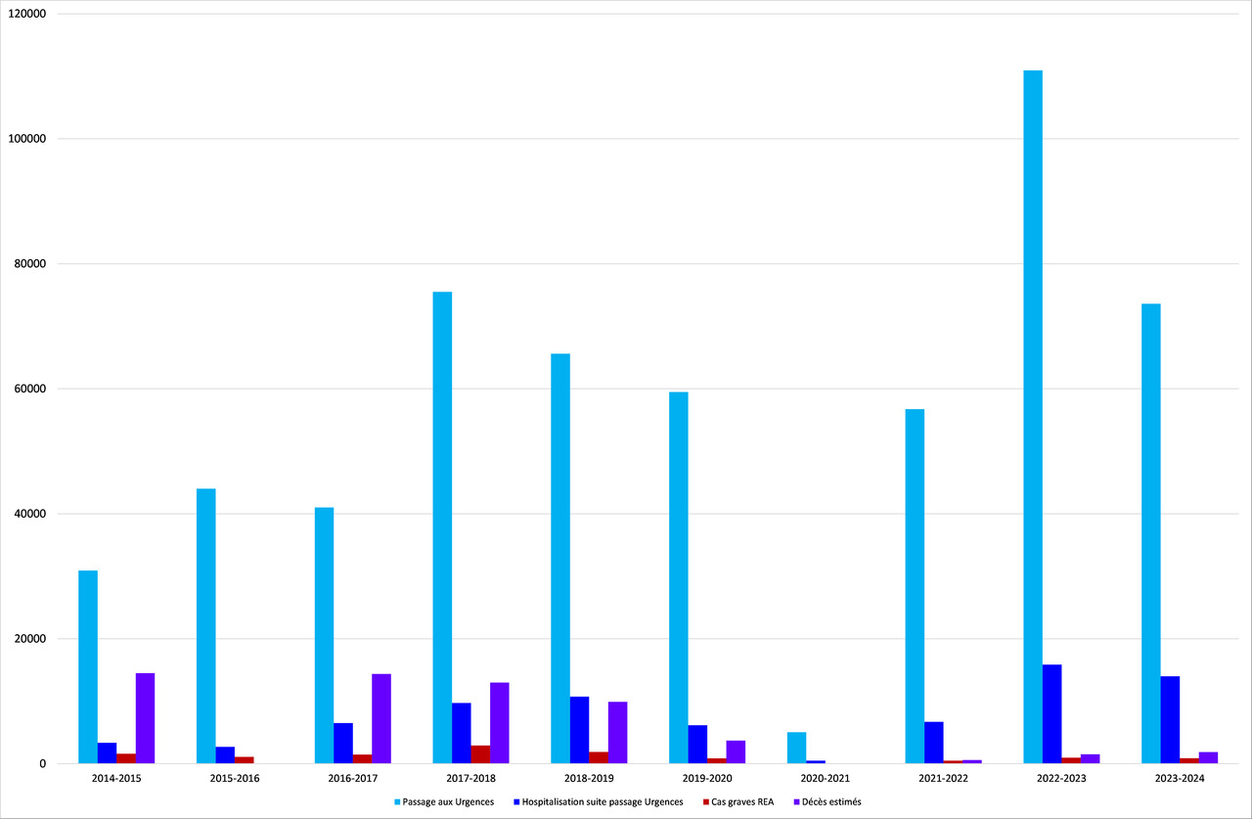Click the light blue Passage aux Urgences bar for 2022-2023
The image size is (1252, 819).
coord(1032,417)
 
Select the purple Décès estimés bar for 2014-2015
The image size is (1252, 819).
coord(145,718)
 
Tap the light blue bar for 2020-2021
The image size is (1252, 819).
coord(796,748)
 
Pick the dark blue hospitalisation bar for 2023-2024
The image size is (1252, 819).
coord(1170,720)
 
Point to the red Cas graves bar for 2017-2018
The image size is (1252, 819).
coord(480,754)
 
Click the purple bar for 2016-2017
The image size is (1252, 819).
coord(381,718)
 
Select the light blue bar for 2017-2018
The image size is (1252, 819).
coord(442,527)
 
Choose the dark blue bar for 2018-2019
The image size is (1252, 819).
coord(579,730)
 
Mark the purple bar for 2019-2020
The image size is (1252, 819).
coord(736,751)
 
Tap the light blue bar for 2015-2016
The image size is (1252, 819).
coord(205,626)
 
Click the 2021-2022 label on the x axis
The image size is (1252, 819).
coord(943,778)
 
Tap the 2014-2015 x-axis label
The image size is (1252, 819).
coord(116,778)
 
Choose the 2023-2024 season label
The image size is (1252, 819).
coord(1180,778)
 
